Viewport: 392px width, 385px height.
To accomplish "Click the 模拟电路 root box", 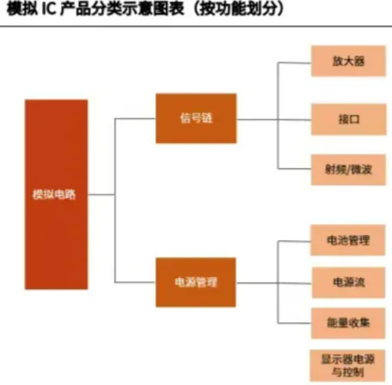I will pyautogui.click(x=56, y=194).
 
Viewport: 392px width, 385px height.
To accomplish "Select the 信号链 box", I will pyautogui.click(x=196, y=118).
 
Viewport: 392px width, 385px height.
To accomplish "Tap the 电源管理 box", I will pyautogui.click(x=196, y=282).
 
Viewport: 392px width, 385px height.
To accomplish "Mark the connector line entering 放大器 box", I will pyautogui.click(x=295, y=61).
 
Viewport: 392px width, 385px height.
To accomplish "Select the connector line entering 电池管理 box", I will pyautogui.click(x=295, y=241).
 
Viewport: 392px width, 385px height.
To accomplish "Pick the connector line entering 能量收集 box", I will pyautogui.click(x=295, y=323).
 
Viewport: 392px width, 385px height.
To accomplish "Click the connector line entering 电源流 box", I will pyautogui.click(x=295, y=282).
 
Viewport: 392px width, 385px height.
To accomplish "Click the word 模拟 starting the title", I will pyautogui.click(x=18, y=10).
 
